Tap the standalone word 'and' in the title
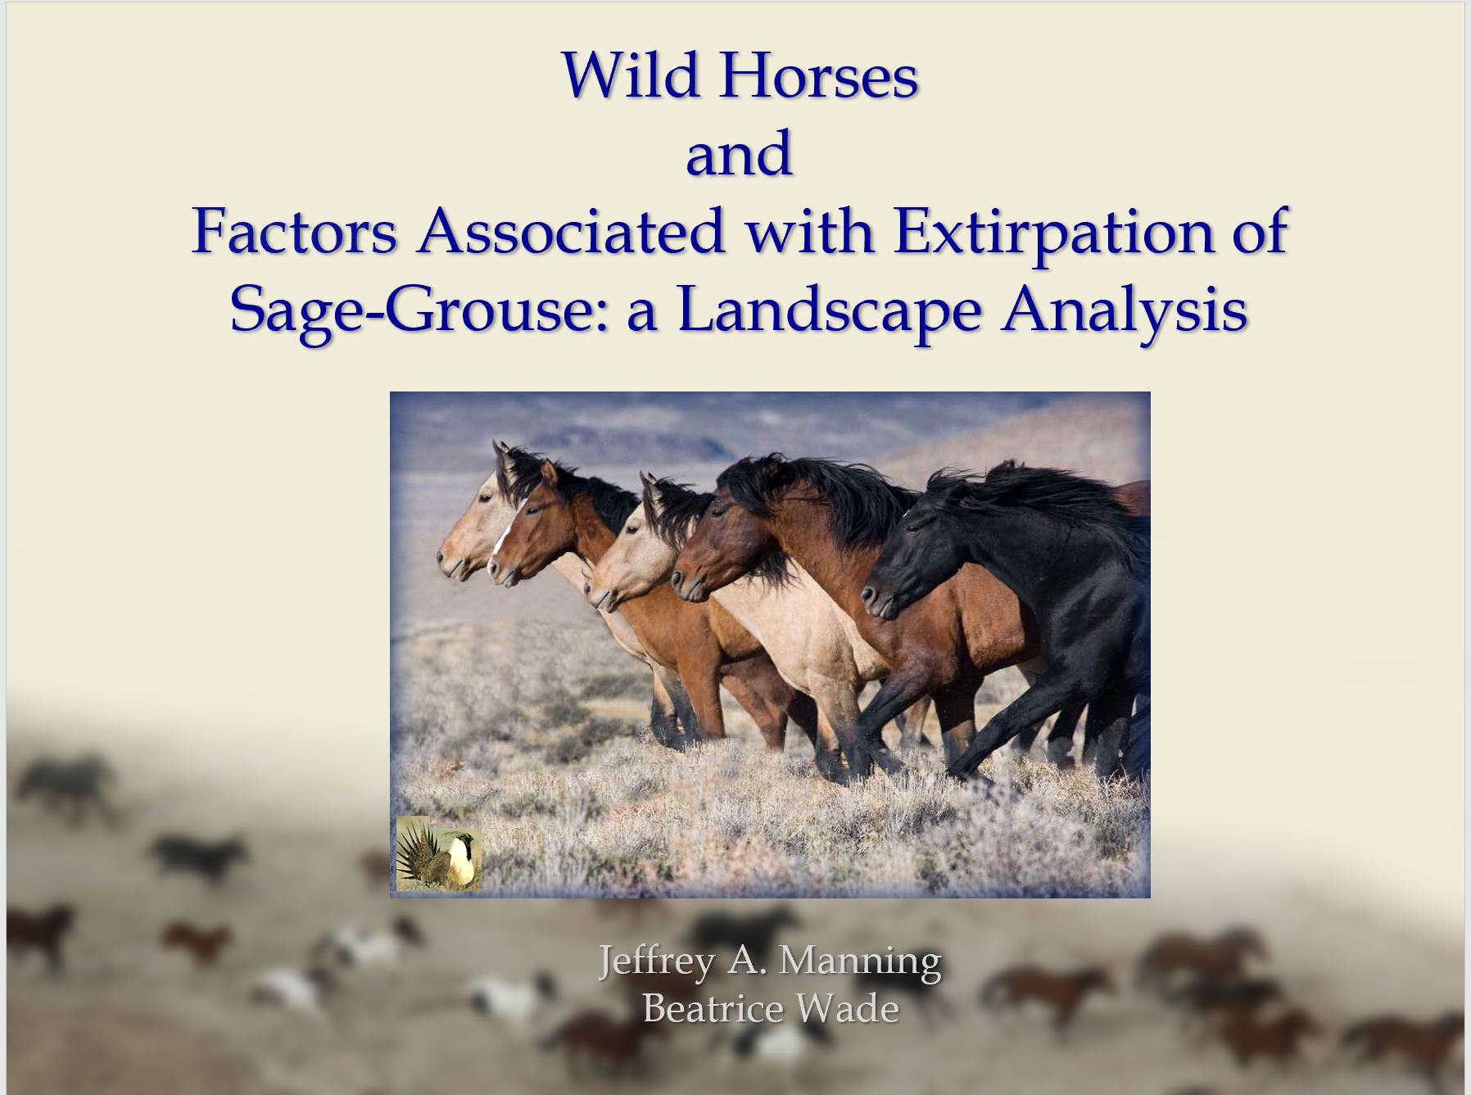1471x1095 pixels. pyautogui.click(x=739, y=154)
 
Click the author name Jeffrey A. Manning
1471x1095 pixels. pyautogui.click(x=770, y=961)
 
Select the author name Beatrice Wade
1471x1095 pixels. pyautogui.click(x=770, y=1007)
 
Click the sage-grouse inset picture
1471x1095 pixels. pyautogui.click(x=438, y=853)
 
